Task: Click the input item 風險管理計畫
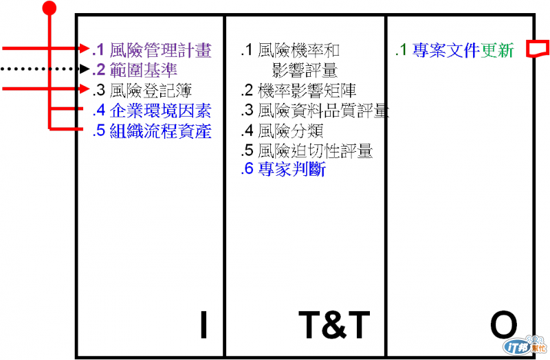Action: click(160, 50)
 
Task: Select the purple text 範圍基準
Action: click(143, 69)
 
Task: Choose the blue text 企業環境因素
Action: click(160, 111)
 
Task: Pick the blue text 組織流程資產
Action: click(160, 131)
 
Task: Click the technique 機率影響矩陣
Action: click(307, 90)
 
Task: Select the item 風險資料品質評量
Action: click(323, 111)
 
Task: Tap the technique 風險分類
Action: click(290, 131)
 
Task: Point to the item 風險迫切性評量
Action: click(315, 150)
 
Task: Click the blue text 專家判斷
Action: click(291, 170)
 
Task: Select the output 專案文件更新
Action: click(462, 50)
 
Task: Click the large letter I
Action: click(203, 325)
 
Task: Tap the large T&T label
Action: click(334, 325)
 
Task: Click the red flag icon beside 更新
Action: click(537, 49)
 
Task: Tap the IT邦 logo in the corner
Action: click(525, 345)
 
